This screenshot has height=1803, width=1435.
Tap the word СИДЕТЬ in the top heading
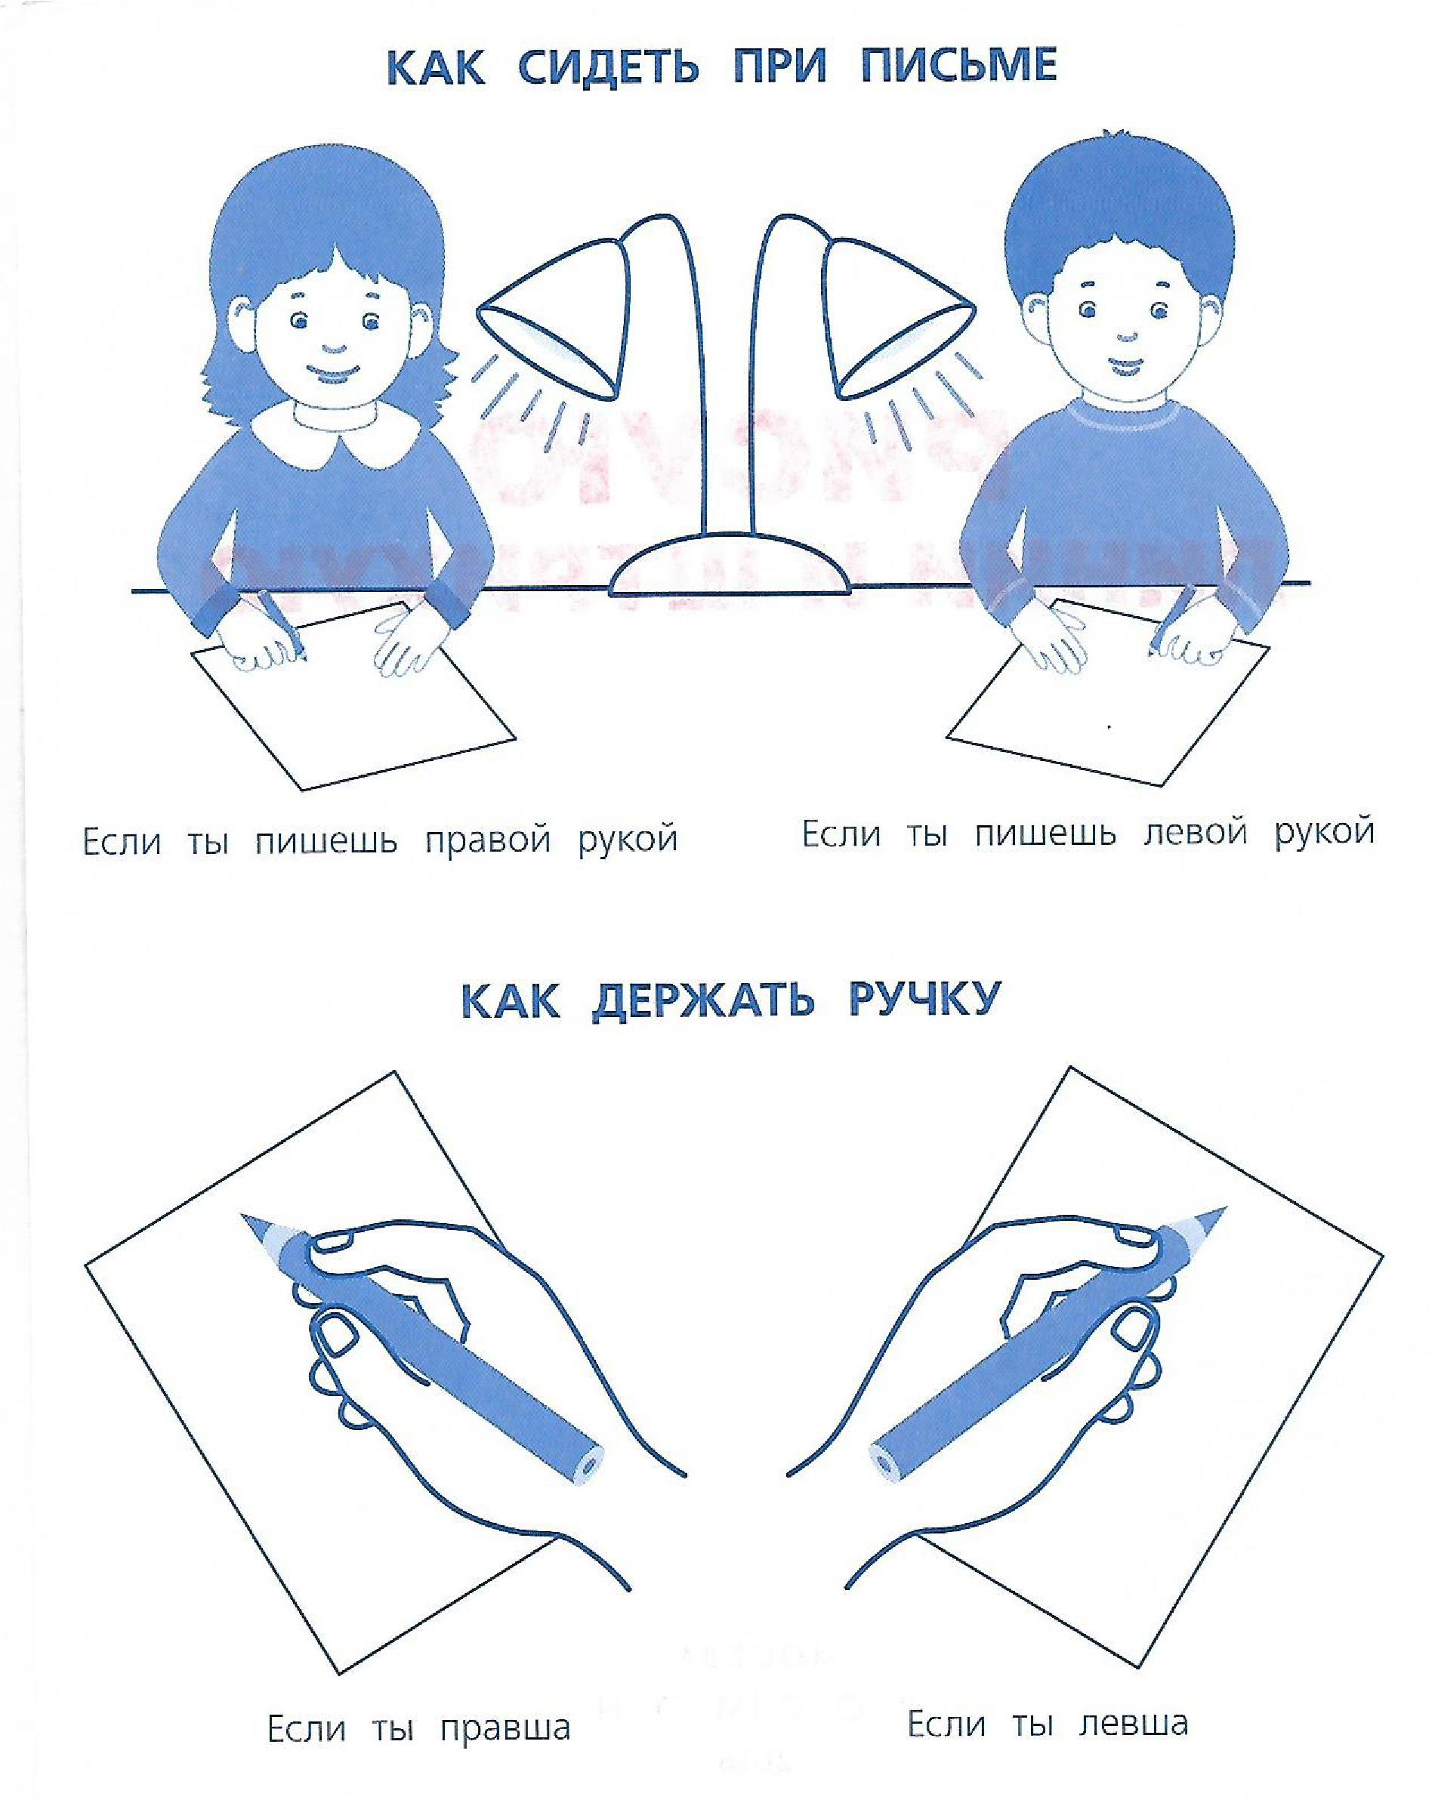(x=608, y=67)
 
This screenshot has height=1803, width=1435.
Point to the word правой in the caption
(x=489, y=840)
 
